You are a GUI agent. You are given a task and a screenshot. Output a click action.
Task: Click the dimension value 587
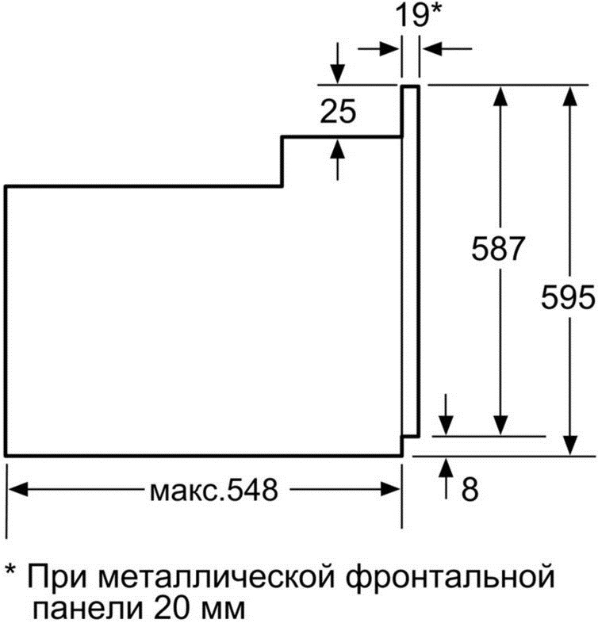click(x=497, y=249)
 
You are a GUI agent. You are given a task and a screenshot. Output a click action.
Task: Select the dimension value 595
click(x=568, y=296)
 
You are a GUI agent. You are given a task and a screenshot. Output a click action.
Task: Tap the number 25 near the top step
click(x=338, y=111)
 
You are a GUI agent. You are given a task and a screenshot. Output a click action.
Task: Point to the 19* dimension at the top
click(x=418, y=15)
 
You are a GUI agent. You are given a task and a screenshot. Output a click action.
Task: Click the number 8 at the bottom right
click(x=470, y=488)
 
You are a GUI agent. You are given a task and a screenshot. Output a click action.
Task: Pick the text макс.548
click(x=213, y=489)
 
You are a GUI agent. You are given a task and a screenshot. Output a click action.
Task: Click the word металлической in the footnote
click(x=217, y=576)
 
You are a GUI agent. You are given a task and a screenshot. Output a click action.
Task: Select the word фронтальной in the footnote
click(x=450, y=576)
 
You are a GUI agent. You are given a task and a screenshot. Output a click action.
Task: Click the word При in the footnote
click(x=57, y=575)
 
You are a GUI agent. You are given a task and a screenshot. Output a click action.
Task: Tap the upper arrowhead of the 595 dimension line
click(x=569, y=96)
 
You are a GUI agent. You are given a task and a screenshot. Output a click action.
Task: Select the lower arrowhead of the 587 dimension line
click(x=500, y=425)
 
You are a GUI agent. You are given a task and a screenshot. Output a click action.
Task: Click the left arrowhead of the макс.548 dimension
click(x=18, y=489)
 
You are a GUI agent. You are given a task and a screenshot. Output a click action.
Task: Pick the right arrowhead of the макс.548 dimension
click(x=390, y=489)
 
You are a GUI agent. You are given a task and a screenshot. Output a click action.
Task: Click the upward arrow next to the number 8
click(x=447, y=479)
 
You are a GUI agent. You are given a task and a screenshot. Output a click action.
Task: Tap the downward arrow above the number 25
click(x=338, y=63)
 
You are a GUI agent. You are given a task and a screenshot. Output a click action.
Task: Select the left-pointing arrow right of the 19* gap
click(x=447, y=49)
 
